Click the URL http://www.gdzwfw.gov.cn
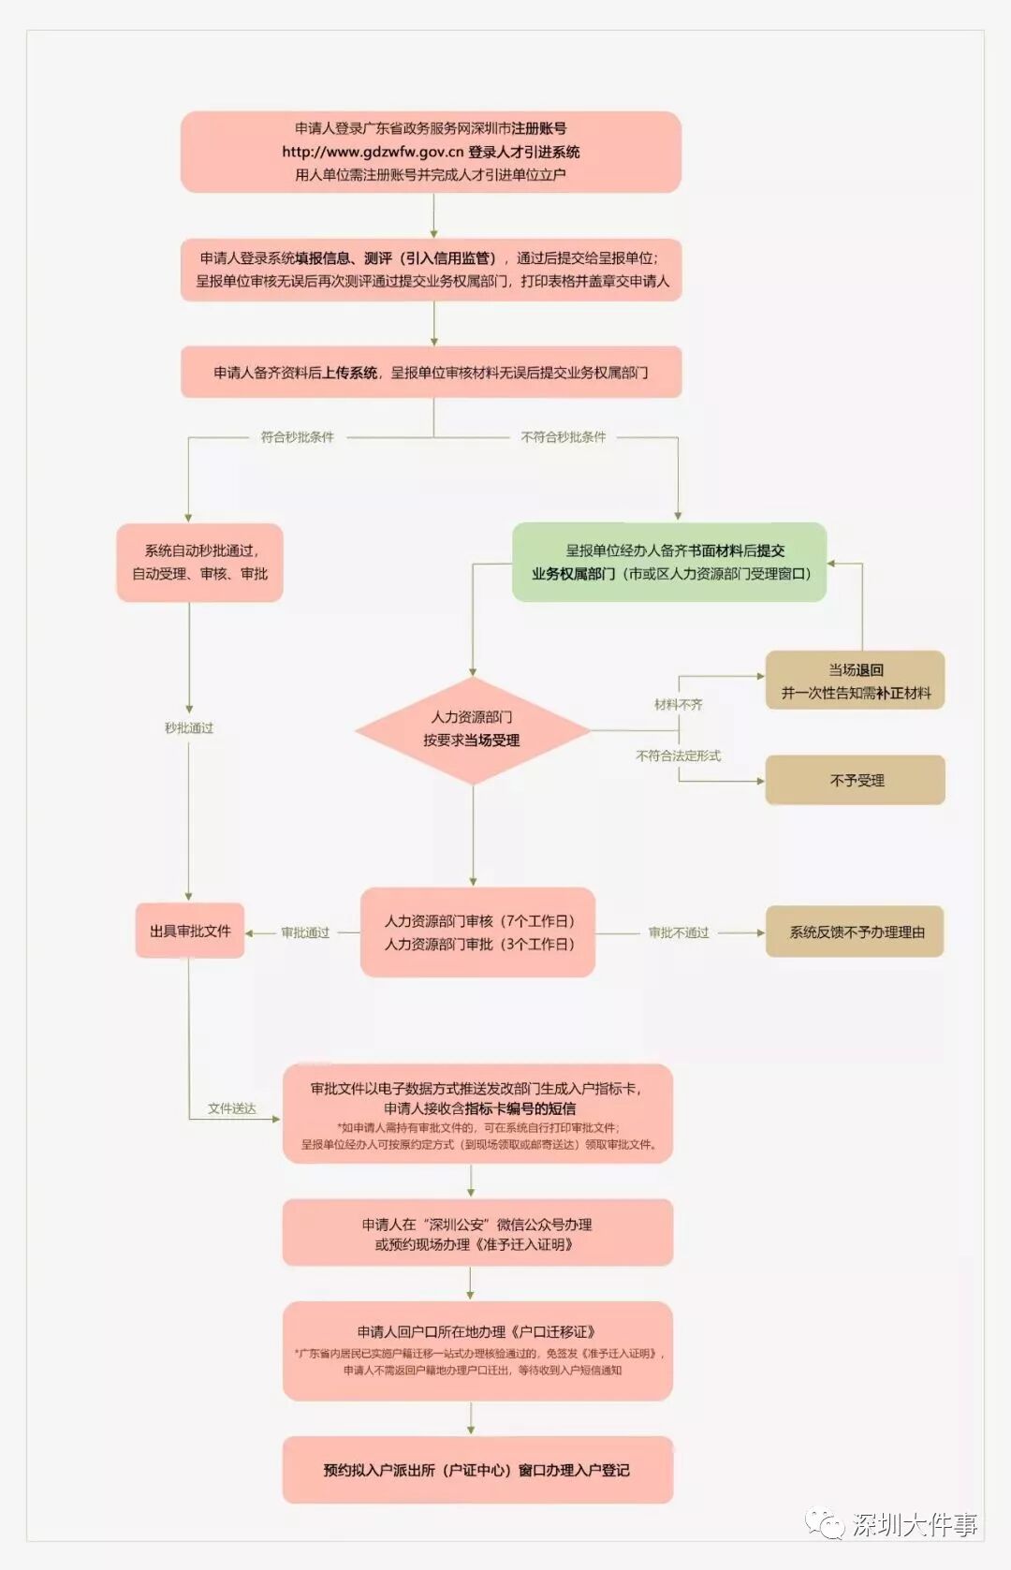click(373, 152)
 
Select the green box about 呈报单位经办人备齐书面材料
click(669, 562)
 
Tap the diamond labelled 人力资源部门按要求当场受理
click(472, 729)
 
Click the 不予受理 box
click(856, 780)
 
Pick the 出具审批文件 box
click(190, 931)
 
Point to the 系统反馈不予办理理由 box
click(856, 932)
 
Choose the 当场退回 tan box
click(856, 681)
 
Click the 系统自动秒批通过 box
click(199, 562)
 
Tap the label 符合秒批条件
click(297, 437)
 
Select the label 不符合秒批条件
click(563, 437)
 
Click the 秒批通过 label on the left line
click(189, 727)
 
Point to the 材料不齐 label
click(679, 704)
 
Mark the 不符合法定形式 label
click(679, 756)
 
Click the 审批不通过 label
click(679, 932)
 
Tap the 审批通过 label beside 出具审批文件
click(305, 932)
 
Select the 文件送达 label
click(232, 1108)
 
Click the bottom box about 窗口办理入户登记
click(477, 1470)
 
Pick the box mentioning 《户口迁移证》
click(477, 1350)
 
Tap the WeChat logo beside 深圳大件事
click(825, 1524)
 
